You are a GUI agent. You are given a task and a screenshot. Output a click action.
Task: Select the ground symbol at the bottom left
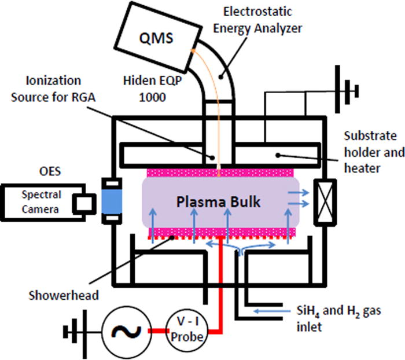coord(72,332)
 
